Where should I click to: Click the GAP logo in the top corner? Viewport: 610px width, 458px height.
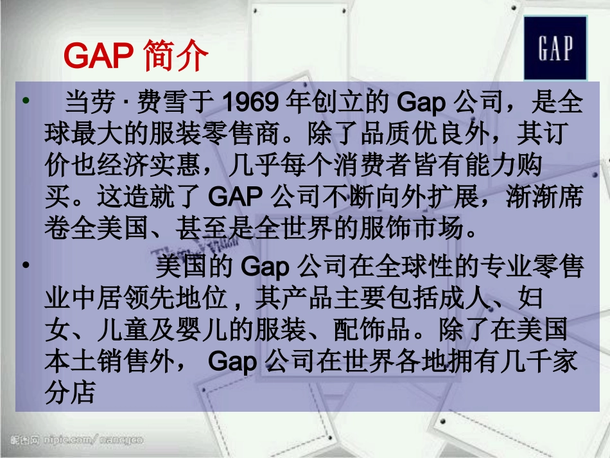point(555,48)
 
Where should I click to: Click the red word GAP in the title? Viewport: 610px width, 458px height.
point(96,57)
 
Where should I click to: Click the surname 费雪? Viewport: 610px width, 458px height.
point(168,102)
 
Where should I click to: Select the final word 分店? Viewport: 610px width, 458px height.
point(70,393)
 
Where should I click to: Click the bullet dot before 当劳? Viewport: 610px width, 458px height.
point(26,101)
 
